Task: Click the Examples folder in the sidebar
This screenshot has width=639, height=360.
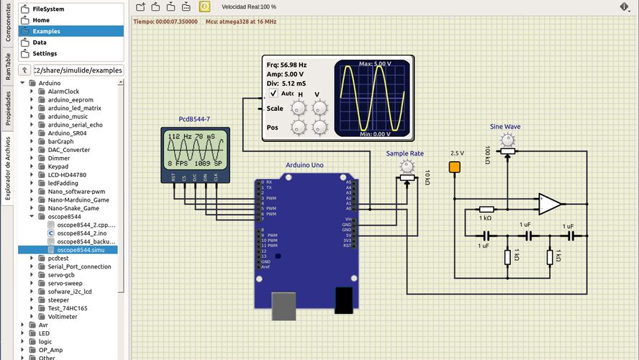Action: pyautogui.click(x=46, y=31)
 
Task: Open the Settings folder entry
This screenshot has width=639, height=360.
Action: pyautogui.click(x=45, y=53)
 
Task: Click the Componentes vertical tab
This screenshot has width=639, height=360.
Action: pyautogui.click(x=8, y=24)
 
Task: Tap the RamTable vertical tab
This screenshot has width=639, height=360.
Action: pyautogui.click(x=8, y=66)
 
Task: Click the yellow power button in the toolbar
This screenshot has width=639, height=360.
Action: pyautogui.click(x=204, y=6)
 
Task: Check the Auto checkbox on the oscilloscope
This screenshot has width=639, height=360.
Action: pyautogui.click(x=273, y=94)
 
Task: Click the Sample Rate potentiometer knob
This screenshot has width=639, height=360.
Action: pyautogui.click(x=408, y=166)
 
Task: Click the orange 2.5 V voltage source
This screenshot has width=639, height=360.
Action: pyautogui.click(x=454, y=168)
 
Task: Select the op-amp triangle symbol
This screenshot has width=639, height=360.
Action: pyautogui.click(x=550, y=204)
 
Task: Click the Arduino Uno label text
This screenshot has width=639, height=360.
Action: pyautogui.click(x=304, y=165)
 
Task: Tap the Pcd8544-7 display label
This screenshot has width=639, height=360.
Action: pyautogui.click(x=194, y=119)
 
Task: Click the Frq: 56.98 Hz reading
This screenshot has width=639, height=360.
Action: pyautogui.click(x=286, y=65)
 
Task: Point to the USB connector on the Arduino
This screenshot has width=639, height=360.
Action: pyautogui.click(x=283, y=305)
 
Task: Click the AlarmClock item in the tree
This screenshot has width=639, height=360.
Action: pyautogui.click(x=63, y=91)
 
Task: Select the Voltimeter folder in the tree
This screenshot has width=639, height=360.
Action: pyautogui.click(x=63, y=316)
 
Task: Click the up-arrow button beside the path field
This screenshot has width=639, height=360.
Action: pyautogui.click(x=25, y=71)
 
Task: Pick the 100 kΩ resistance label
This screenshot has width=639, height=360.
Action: pyautogui.click(x=488, y=155)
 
